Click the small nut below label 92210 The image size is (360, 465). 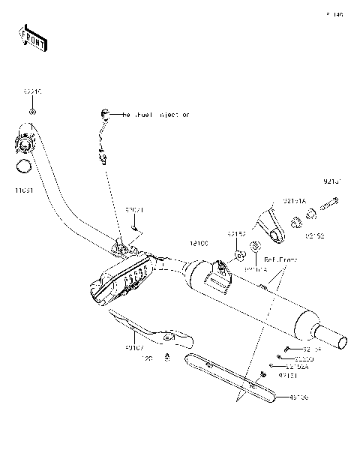tap(31, 112)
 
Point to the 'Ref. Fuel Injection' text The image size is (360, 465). tap(156, 115)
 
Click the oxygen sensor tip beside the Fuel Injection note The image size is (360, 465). tap(104, 114)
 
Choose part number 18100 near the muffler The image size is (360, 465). tap(198, 244)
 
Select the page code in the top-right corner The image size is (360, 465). tap(334, 14)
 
